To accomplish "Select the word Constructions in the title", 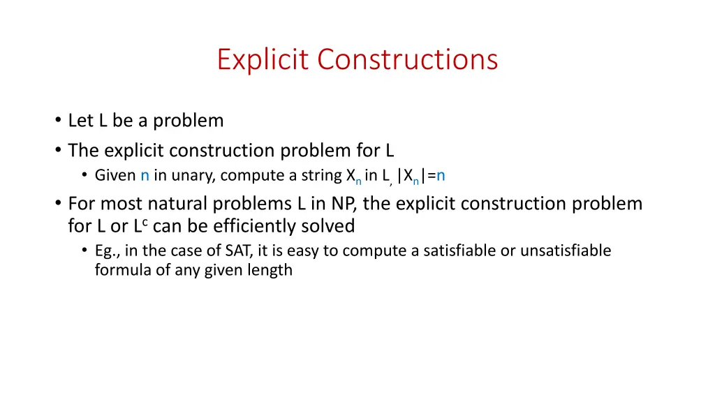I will tap(408, 59).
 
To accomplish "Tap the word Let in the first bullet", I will tap(81, 121).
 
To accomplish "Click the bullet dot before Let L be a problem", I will tap(57, 121).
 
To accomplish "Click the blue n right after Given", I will tap(145, 176).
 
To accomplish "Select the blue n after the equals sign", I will tap(441, 176).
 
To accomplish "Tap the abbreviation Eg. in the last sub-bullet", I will tap(106, 251).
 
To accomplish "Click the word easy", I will tap(298, 251).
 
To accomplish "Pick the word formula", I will tap(123, 270).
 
